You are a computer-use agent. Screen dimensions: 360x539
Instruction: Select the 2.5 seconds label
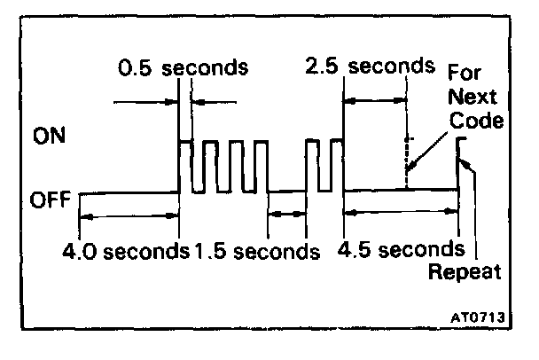(369, 67)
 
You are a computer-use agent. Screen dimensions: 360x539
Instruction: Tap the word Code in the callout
(475, 120)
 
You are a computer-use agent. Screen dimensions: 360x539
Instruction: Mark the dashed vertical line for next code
(407, 160)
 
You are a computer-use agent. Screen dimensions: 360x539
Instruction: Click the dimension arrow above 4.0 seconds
(129, 213)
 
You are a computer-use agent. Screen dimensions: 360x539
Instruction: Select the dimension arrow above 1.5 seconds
(286, 213)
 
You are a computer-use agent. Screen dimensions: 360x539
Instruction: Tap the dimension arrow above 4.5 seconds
(401, 213)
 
